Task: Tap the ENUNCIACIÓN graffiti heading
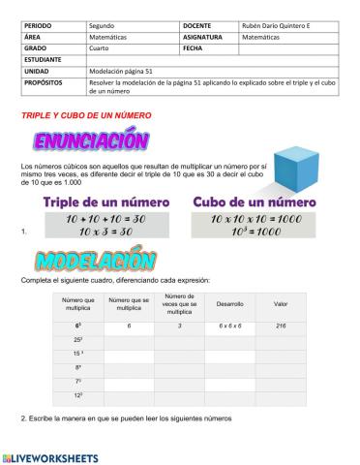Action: [x=91, y=142]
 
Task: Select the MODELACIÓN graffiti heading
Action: [x=81, y=261]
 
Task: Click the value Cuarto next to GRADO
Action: [x=102, y=47]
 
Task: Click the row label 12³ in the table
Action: [x=77, y=397]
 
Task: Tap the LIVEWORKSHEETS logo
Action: [x=50, y=455]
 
